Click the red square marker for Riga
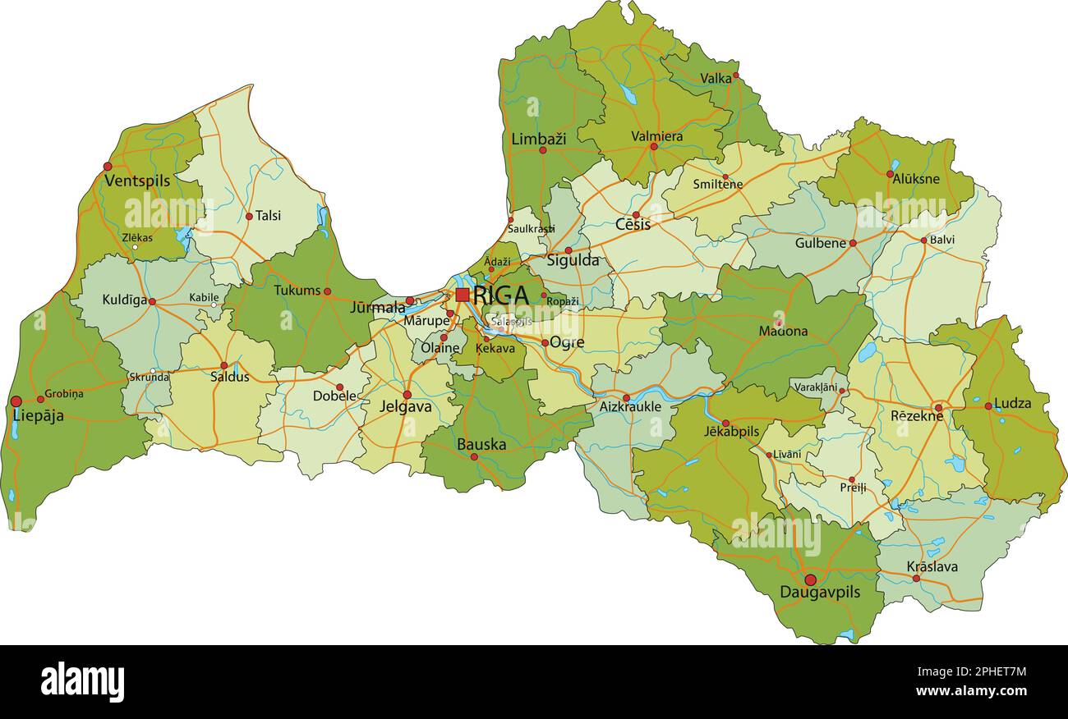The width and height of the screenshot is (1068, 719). point(463,295)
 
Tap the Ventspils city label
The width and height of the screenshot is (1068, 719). point(137,181)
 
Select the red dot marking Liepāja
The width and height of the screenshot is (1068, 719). point(16,401)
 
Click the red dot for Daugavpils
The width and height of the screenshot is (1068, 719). point(810,579)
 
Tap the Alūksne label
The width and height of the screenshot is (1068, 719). point(916,180)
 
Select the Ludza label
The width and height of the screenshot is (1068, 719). point(1012,404)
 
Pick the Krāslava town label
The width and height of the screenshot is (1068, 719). point(932,566)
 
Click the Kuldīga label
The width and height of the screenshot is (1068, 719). point(124,300)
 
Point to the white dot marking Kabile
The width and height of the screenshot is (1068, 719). point(214,305)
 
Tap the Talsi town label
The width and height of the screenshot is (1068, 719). point(268,216)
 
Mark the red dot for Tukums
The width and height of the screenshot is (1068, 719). point(327,291)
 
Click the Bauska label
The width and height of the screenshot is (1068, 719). point(481,444)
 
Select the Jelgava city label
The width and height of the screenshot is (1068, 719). point(406,406)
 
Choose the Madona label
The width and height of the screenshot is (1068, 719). point(783,332)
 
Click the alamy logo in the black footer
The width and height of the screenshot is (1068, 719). point(82,682)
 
